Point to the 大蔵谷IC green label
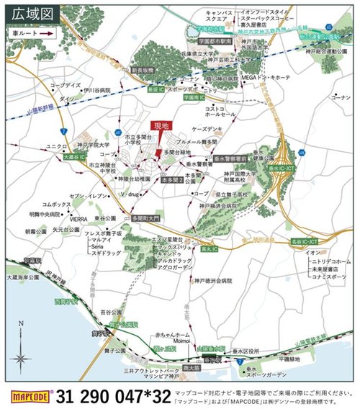(73, 155)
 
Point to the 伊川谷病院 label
(94, 91)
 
